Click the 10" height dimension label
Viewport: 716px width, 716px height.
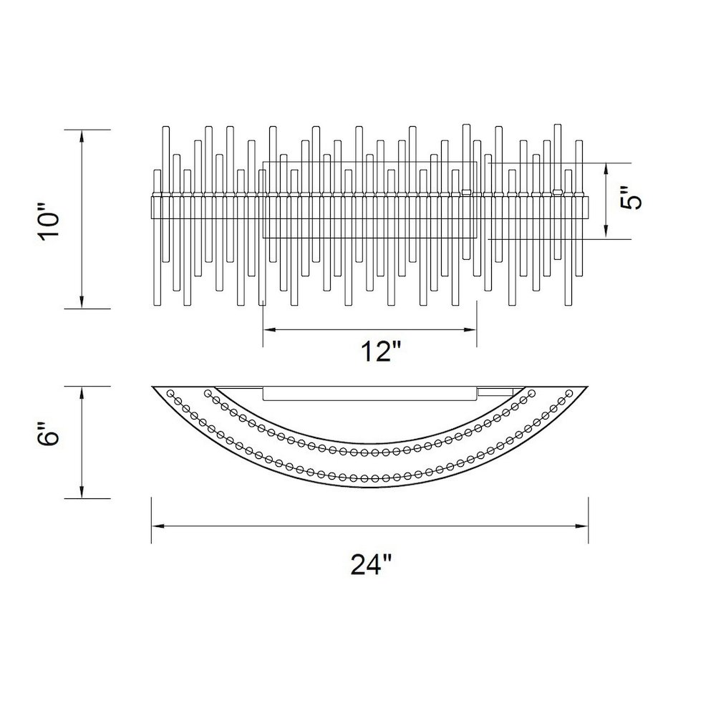pos(49,225)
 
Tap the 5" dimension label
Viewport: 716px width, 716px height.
pos(632,198)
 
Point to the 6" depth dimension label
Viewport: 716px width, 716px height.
pos(49,433)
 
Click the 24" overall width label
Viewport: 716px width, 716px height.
pos(371,564)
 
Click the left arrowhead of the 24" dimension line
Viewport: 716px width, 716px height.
pos(158,526)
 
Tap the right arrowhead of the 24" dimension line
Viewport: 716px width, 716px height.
pos(582,526)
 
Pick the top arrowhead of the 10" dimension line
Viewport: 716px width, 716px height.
pos(82,136)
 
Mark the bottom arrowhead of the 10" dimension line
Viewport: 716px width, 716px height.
pos(82,302)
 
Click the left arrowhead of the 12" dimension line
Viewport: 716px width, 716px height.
pos(269,329)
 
